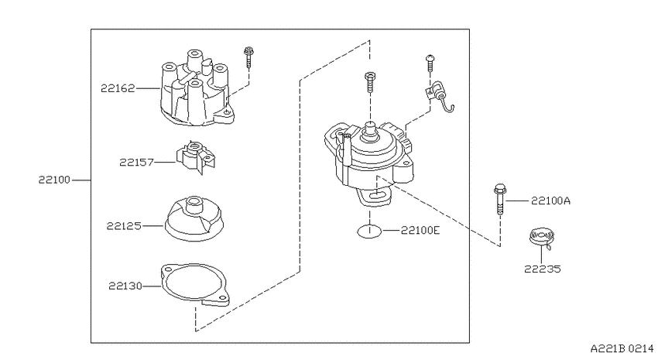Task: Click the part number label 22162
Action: tap(118, 88)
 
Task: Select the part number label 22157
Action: tap(137, 162)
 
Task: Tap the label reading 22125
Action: tap(124, 226)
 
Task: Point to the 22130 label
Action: tap(125, 286)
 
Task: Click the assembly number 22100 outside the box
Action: tap(54, 180)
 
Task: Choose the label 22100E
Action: tap(420, 230)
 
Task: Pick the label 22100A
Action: tap(550, 201)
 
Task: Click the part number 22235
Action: tap(542, 269)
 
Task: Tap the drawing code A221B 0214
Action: tap(622, 348)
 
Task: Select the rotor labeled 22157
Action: tap(196, 158)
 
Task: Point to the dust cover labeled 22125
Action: tap(194, 218)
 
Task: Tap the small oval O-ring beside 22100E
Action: tap(370, 231)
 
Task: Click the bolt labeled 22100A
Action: tap(500, 199)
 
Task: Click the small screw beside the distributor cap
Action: tap(248, 57)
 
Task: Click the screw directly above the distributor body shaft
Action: tap(370, 82)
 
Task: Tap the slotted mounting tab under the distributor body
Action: tap(375, 197)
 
